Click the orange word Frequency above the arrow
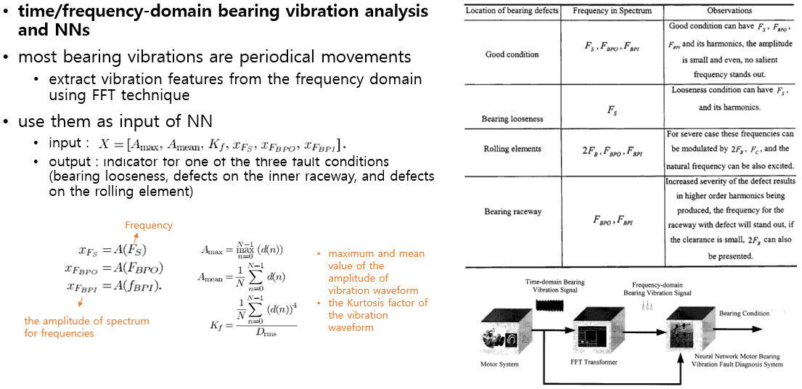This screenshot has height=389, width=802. pyautogui.click(x=149, y=226)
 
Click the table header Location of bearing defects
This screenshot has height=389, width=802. pyautogui.click(x=512, y=11)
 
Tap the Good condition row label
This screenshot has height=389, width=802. pyautogui.click(x=512, y=54)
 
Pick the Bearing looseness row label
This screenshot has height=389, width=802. pyautogui.click(x=512, y=118)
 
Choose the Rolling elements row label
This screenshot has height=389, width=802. pyautogui.click(x=512, y=149)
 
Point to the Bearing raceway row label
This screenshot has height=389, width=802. pyautogui.click(x=512, y=212)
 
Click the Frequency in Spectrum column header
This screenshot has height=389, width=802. pyautogui.click(x=612, y=11)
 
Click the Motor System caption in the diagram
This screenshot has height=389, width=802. pyautogui.click(x=499, y=364)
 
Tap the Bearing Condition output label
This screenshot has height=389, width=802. pyautogui.click(x=744, y=313)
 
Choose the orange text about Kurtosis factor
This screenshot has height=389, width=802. pyautogui.click(x=377, y=315)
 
